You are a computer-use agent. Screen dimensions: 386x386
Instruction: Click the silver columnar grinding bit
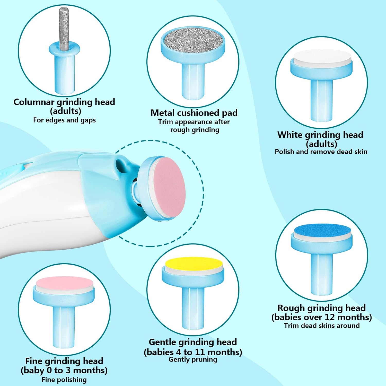(x=64, y=28)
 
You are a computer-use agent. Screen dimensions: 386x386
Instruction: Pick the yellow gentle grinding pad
(x=194, y=264)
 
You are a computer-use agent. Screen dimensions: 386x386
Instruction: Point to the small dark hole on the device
(x=120, y=163)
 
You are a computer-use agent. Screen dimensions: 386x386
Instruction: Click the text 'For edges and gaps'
(x=64, y=120)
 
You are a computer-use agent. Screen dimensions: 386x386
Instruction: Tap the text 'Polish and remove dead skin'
(x=321, y=152)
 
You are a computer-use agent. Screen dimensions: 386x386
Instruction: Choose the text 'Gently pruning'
(x=193, y=359)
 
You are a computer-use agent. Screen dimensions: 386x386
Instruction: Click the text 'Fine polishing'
(x=64, y=380)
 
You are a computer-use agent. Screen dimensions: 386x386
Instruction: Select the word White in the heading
(x=290, y=135)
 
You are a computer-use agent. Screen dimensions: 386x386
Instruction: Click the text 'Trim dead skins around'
(x=322, y=326)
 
